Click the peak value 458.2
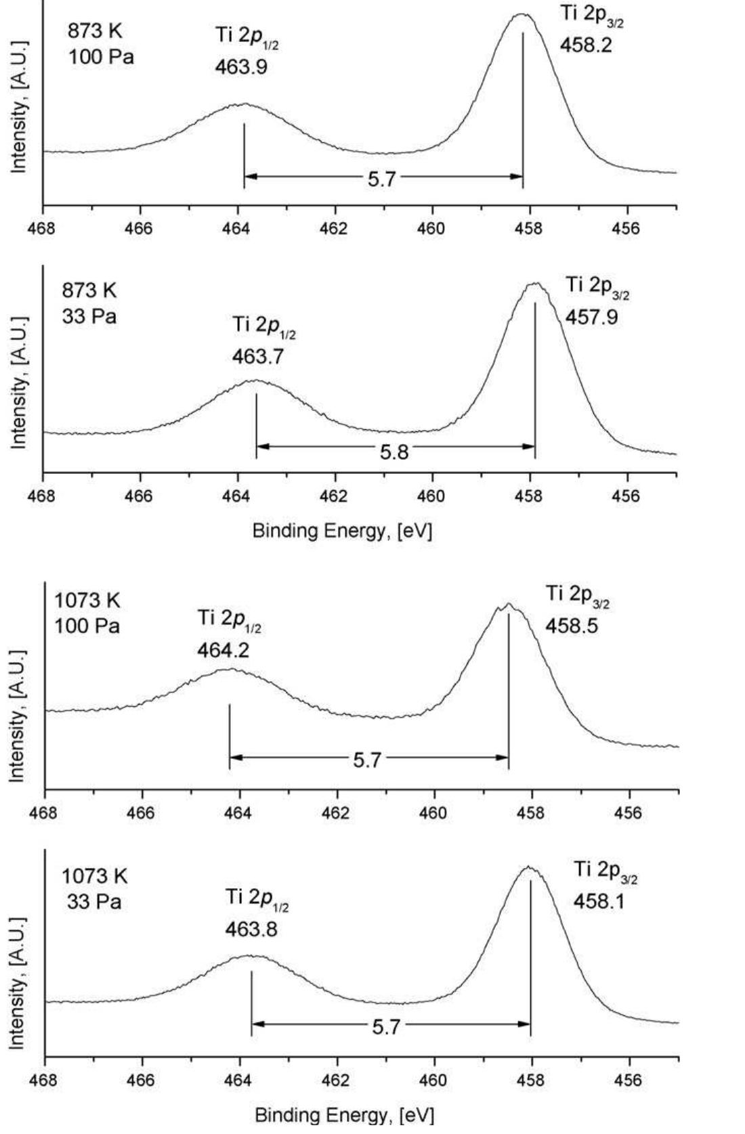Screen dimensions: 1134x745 pyautogui.click(x=586, y=45)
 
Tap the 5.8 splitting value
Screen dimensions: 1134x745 pyautogui.click(x=393, y=452)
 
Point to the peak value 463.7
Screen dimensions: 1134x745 pyautogui.click(x=258, y=356)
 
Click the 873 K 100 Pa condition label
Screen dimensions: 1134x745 pyautogui.click(x=100, y=44)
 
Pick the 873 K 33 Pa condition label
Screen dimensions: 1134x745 pyautogui.click(x=89, y=303)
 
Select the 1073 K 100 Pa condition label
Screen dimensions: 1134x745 pyautogui.click(x=87, y=613)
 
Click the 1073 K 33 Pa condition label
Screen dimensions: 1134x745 pyautogui.click(x=94, y=889)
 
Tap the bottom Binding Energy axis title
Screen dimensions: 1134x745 pyautogui.click(x=344, y=1115)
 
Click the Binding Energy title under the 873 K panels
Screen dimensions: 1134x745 pyautogui.click(x=342, y=530)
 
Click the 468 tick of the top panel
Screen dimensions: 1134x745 pyautogui.click(x=43, y=228)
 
